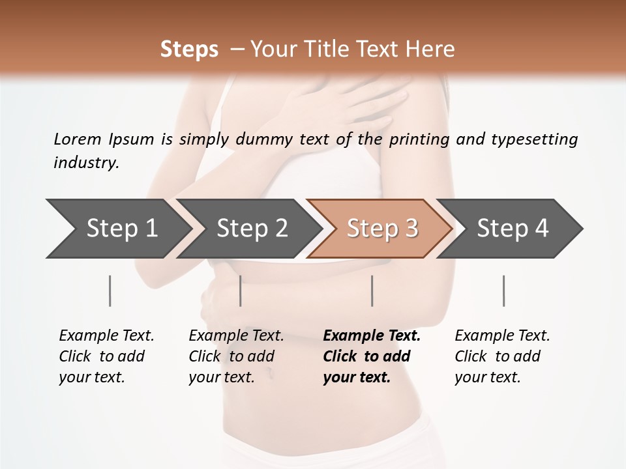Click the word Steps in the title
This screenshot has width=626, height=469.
[189, 50]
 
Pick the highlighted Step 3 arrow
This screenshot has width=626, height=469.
[382, 228]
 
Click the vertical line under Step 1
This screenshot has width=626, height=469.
[110, 291]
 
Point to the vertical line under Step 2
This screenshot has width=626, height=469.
[241, 291]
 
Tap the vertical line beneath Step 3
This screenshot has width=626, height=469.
[372, 291]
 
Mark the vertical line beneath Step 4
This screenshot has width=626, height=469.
[503, 291]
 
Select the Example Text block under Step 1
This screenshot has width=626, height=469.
[106, 356]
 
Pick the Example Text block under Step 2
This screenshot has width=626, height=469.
[236, 356]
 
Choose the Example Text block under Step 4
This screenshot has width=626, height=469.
[502, 356]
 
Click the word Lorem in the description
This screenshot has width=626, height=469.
[78, 139]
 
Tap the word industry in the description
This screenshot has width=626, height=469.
[86, 163]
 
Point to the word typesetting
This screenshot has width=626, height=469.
[534, 139]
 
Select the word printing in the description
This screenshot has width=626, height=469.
[419, 139]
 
